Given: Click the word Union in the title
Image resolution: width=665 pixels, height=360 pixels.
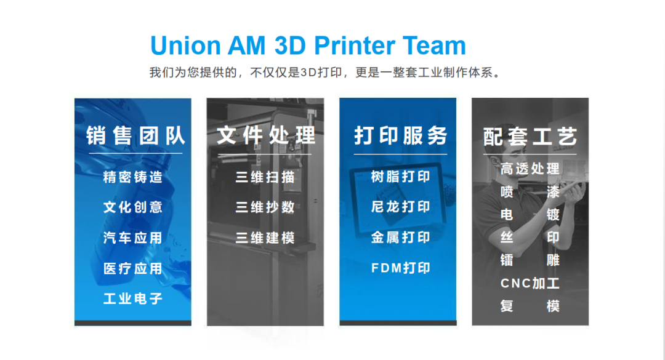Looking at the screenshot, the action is pyautogui.click(x=185, y=46).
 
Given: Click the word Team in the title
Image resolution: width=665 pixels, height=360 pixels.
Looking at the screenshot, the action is pyautogui.click(x=434, y=46).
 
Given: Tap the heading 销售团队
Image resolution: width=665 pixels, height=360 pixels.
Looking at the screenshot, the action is pyautogui.click(x=135, y=135).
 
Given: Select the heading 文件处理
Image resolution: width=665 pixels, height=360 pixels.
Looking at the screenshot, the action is pyautogui.click(x=267, y=135).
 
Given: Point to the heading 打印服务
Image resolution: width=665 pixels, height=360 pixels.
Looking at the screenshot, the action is pyautogui.click(x=401, y=135).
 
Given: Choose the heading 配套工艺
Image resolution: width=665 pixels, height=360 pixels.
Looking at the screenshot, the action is pyautogui.click(x=530, y=137).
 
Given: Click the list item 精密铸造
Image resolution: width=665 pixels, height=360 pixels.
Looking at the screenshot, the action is pyautogui.click(x=133, y=177).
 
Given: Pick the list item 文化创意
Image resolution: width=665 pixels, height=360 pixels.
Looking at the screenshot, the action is pyautogui.click(x=133, y=207).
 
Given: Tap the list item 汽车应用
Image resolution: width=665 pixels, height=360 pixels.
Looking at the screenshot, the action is pyautogui.click(x=133, y=238).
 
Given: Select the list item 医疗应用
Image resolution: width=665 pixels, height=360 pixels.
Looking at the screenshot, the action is pyautogui.click(x=133, y=268).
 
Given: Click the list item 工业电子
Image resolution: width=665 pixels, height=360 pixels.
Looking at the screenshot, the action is pyautogui.click(x=133, y=298).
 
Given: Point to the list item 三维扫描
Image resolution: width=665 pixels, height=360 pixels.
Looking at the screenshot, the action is pyautogui.click(x=265, y=177).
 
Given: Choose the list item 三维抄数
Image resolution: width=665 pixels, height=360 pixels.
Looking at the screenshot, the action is pyautogui.click(x=265, y=207).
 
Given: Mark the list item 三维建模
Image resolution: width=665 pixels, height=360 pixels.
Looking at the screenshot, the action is pyautogui.click(x=265, y=238).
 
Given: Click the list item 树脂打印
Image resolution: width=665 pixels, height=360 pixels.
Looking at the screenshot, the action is pyautogui.click(x=401, y=177).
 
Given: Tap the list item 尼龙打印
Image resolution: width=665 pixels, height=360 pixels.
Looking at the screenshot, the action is pyautogui.click(x=401, y=207).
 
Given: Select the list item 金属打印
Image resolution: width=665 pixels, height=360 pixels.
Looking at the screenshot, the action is pyautogui.click(x=401, y=238).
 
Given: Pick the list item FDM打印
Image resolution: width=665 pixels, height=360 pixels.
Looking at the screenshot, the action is pyautogui.click(x=401, y=268).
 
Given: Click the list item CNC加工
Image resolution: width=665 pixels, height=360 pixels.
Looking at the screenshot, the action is pyautogui.click(x=530, y=283).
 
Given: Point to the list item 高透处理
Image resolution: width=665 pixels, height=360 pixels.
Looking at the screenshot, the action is pyautogui.click(x=530, y=169).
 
